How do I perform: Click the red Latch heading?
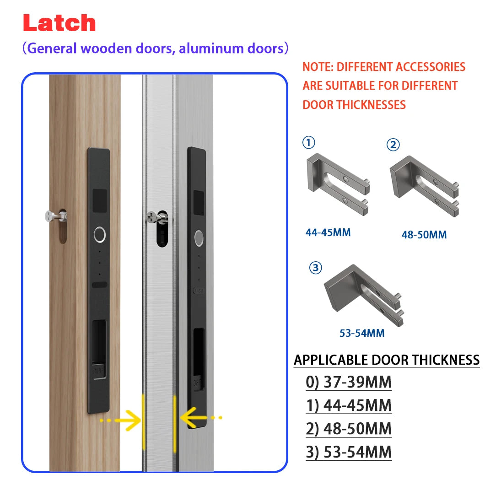pos(59,23)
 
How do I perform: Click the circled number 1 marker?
pos(309,143)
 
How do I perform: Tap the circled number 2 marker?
pos(393,145)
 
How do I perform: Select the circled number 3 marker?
pos(316,268)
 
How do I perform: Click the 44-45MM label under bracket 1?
pos(328,232)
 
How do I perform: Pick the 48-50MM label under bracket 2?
pos(424,235)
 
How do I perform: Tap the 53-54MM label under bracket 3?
pos(362,333)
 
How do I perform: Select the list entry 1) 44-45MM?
pos(348,405)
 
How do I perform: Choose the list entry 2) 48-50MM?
pos(348,429)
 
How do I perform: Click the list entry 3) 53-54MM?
pos(348,452)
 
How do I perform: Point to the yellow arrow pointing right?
pos(121,420)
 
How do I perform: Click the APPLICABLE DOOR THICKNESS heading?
pos(386,360)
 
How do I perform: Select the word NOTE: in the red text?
pos(318,67)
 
